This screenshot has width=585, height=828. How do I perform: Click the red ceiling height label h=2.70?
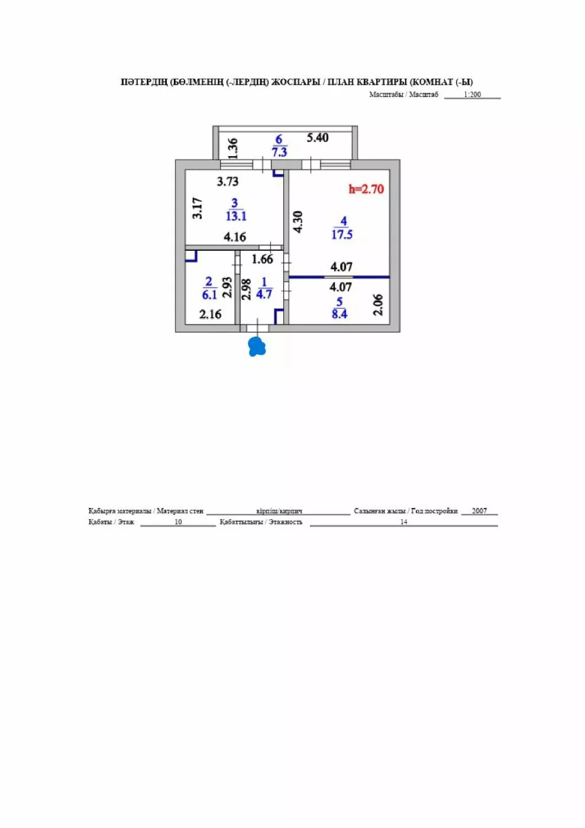366,189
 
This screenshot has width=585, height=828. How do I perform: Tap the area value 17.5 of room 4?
342,234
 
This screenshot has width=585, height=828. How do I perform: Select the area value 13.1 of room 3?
236,216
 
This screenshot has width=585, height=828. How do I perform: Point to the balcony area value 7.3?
280,152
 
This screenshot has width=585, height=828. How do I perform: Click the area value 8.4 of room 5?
340,314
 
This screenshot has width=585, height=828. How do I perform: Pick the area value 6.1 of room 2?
209,295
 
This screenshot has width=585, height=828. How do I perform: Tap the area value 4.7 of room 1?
264,295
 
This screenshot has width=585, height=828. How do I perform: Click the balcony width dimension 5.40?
318,138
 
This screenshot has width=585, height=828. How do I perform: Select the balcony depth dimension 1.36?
232,148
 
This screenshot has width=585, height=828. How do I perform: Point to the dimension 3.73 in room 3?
228,182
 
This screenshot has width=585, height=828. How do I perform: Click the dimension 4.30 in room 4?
298,222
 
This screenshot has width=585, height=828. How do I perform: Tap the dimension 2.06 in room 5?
378,305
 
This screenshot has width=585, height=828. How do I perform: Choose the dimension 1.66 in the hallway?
262,259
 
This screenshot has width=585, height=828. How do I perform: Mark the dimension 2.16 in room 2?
211,314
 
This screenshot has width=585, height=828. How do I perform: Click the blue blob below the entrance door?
256,347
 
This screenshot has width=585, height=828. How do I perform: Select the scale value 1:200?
472,94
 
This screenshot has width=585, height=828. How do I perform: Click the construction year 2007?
479,511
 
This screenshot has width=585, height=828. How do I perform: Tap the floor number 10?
178,522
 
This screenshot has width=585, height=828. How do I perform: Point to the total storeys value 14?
404,522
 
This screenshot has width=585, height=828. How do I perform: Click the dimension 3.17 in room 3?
198,208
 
